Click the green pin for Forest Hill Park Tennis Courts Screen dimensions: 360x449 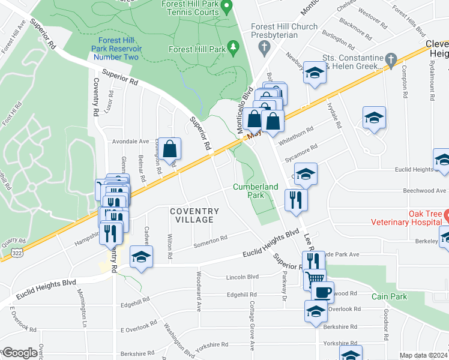coord(226,8)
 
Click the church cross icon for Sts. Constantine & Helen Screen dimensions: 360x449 coord(391,59)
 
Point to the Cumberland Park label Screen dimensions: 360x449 coord(256,191)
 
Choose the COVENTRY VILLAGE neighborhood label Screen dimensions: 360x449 coord(194,215)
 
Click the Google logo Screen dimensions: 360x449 coord(19,353)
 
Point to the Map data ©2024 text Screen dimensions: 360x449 coord(423,355)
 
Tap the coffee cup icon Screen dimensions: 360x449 coord(322,292)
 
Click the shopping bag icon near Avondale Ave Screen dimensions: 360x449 coord(170,147)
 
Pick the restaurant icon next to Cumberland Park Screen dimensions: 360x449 coord(296,199)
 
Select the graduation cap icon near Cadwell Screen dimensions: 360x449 coord(142,256)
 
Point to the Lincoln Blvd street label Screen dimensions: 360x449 coord(243,277)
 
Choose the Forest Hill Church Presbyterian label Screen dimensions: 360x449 coord(275,31)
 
